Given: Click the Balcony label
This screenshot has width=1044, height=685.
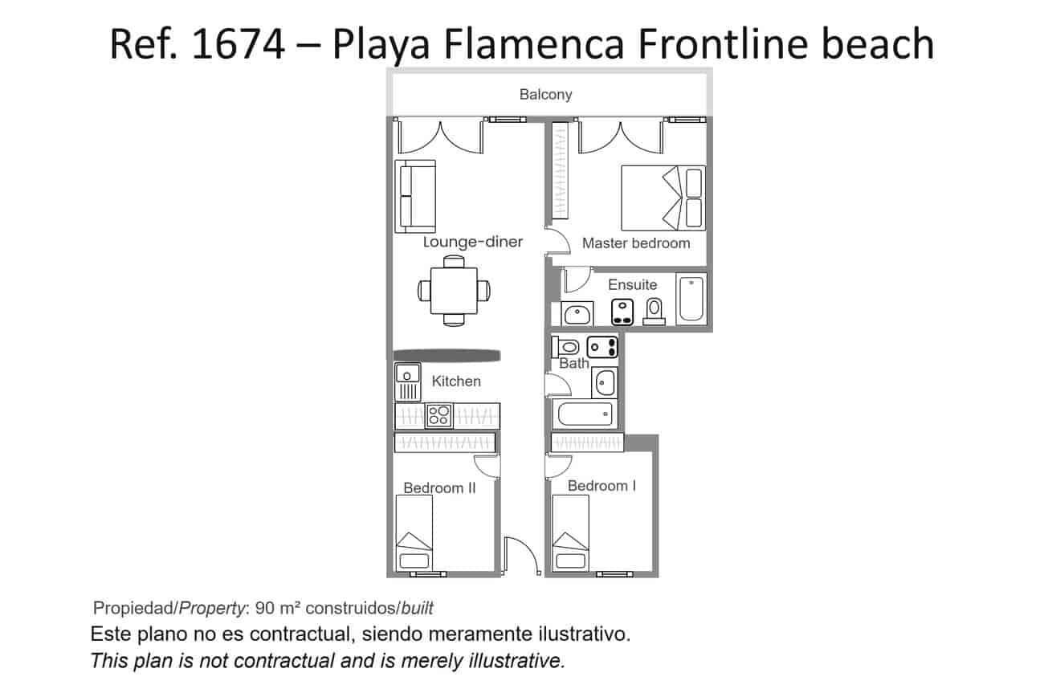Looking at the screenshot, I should click(545, 95).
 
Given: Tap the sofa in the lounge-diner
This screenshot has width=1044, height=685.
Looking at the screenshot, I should click(414, 196).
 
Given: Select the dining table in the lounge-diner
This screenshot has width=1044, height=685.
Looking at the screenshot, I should click(454, 290).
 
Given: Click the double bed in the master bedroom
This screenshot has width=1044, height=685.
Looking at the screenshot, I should click(663, 198).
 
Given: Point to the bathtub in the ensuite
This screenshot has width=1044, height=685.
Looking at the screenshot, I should click(691, 299).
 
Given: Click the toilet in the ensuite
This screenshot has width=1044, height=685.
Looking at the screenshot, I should click(655, 310).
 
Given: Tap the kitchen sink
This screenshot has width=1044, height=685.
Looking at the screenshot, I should click(408, 381).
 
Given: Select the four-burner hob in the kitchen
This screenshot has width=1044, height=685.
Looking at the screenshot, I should click(438, 415).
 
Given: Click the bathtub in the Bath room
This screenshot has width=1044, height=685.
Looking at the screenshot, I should click(585, 414).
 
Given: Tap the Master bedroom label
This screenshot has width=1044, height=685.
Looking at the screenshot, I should click(635, 243).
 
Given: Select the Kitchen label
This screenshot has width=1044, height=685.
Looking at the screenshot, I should click(456, 381).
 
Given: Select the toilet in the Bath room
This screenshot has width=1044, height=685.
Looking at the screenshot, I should click(568, 347).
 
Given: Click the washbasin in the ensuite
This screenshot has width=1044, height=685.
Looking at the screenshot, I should click(577, 313).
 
